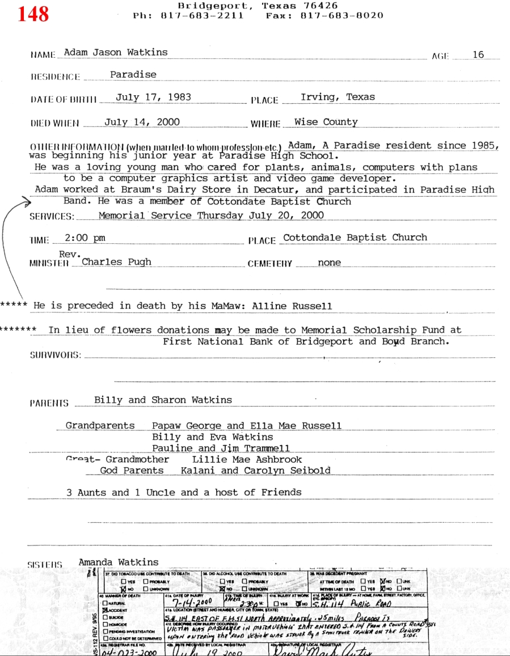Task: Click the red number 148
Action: pyautogui.click(x=33, y=14)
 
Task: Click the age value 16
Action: pyautogui.click(x=478, y=54)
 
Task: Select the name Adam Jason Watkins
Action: pyautogui.click(x=116, y=52)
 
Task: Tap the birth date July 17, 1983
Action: pyautogui.click(x=153, y=97)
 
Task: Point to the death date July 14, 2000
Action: pyautogui.click(x=142, y=122)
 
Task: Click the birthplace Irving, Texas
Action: pyautogui.click(x=338, y=97)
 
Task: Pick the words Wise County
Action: pyautogui.click(x=326, y=122)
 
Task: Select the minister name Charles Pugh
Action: pyautogui.click(x=116, y=262)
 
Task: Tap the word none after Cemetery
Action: pyautogui.click(x=330, y=263)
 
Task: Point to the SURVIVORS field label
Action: pyautogui.click(x=55, y=355)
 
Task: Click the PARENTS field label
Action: pyautogui.click(x=49, y=404)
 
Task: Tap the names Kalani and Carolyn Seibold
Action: pyautogui.click(x=255, y=471)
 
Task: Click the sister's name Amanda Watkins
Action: pyautogui.click(x=119, y=562)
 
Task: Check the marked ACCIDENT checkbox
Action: pyautogui.click(x=106, y=610)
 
